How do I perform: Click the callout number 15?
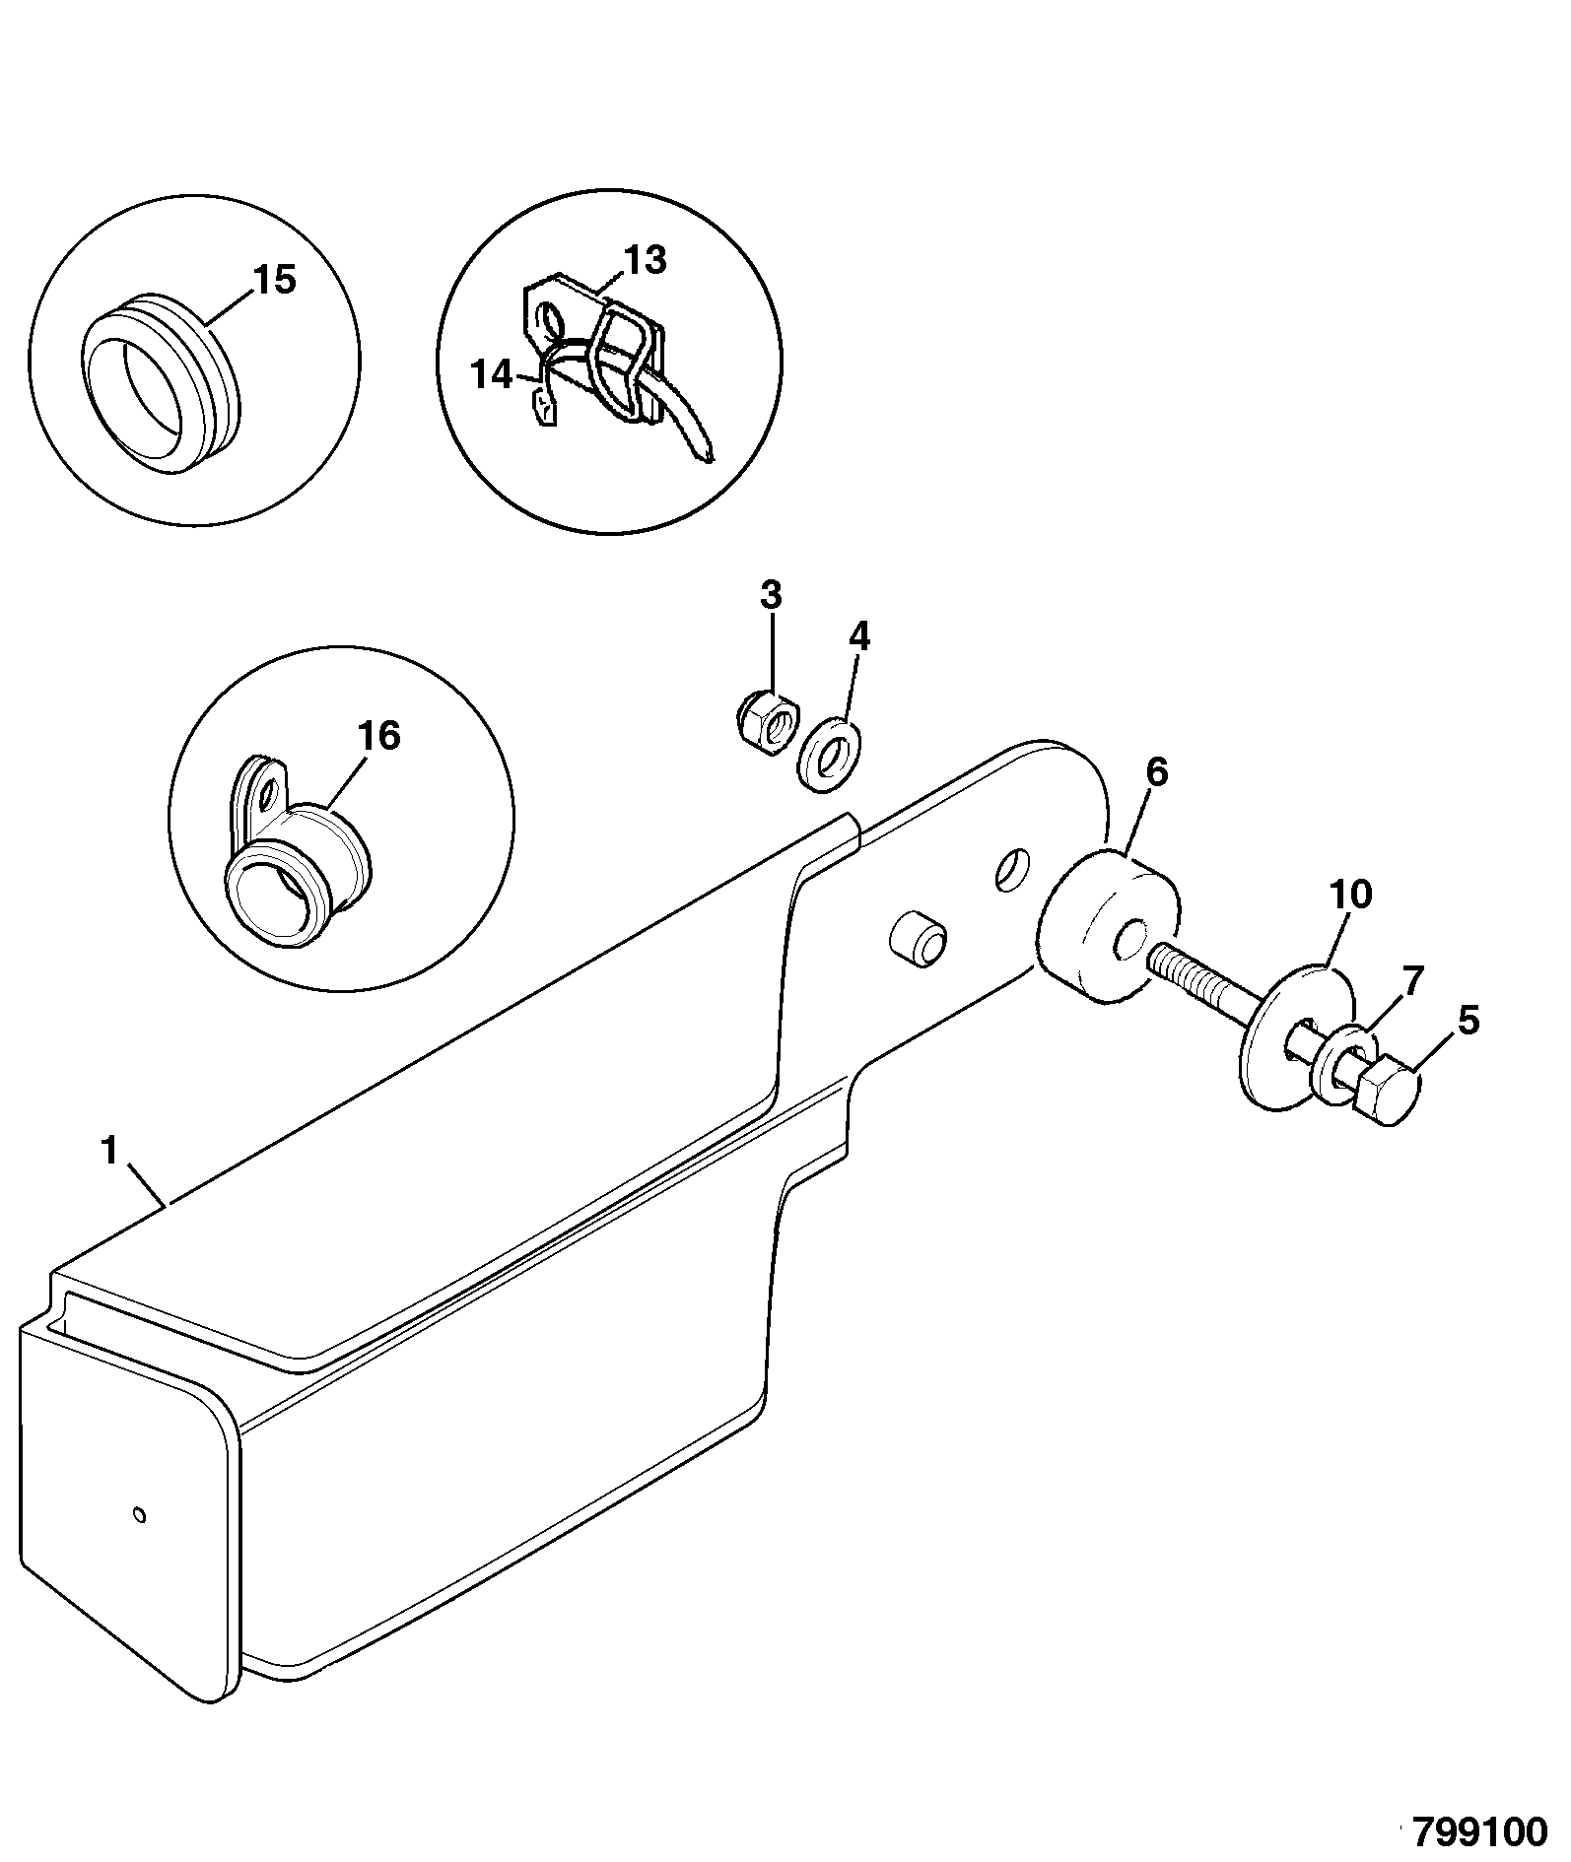pos(274,280)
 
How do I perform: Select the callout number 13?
pos(646,260)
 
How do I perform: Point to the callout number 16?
pos(380,736)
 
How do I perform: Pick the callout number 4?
pos(859,636)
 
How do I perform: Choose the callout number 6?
pos(1156,773)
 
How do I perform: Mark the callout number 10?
pos(1350,895)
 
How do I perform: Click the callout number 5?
pos(1469,1021)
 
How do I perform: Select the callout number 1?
pos(109,1149)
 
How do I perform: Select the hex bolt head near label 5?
pos(1388,1090)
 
